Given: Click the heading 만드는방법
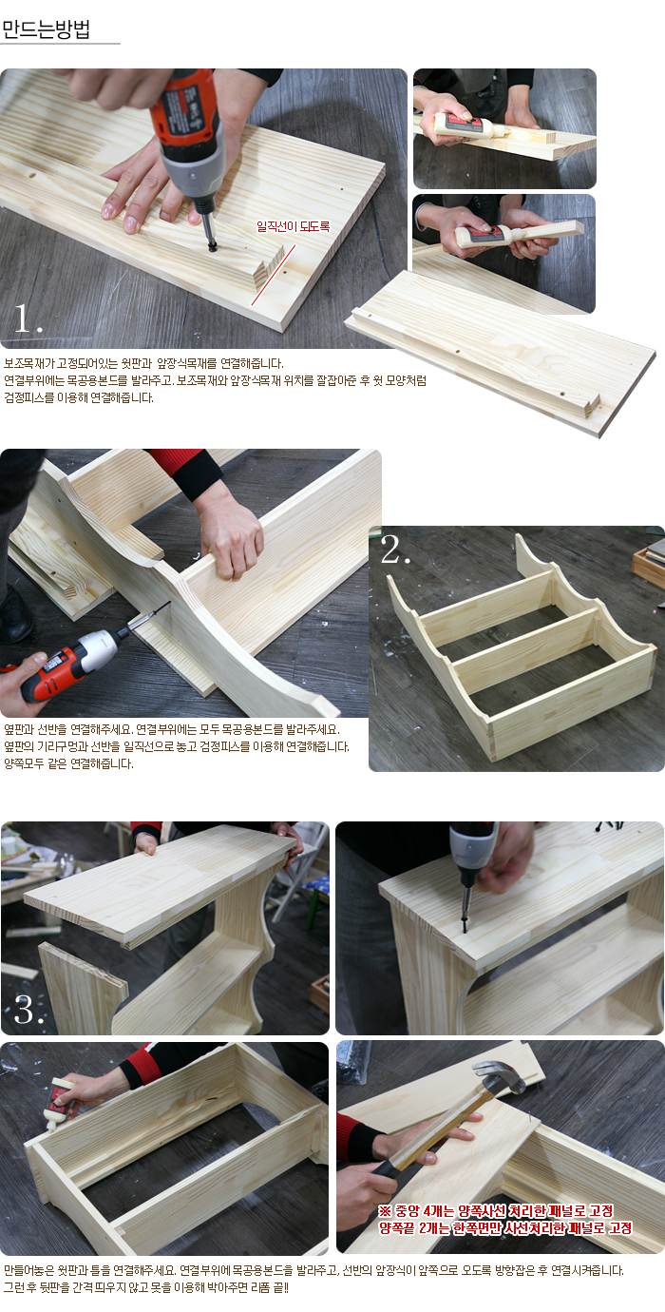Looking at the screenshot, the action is (46, 29).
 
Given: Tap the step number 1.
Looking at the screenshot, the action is (28, 319).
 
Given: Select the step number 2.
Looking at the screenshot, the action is (395, 550).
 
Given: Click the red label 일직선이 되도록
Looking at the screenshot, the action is (294, 226).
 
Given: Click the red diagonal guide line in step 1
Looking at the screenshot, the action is (274, 275).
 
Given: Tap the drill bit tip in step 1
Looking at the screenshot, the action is (212, 248).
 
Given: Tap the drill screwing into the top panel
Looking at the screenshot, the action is (472, 867).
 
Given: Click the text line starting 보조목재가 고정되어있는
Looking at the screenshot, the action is (143, 364).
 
